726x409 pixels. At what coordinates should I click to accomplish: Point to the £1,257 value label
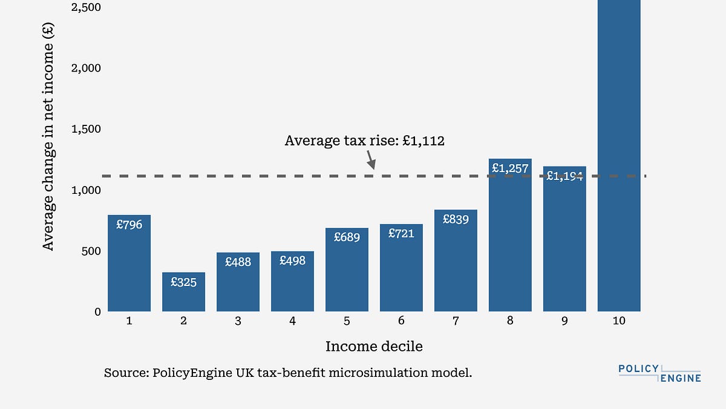(510, 168)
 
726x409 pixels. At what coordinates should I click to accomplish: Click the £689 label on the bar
(347, 238)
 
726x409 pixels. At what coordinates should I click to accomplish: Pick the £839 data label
(456, 219)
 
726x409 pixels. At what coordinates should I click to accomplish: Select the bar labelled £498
(292, 281)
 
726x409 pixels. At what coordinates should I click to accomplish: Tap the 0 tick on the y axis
(96, 311)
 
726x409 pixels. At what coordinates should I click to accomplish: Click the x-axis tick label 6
(401, 321)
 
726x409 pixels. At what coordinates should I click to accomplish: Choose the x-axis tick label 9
(564, 321)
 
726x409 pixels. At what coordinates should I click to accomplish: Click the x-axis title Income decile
(374, 347)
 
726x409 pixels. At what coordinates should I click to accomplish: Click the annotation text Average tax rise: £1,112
(364, 141)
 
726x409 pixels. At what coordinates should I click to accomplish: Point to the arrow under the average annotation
(370, 161)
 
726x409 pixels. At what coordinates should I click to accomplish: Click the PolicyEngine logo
(659, 373)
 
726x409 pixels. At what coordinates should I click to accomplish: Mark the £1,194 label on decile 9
(564, 176)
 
